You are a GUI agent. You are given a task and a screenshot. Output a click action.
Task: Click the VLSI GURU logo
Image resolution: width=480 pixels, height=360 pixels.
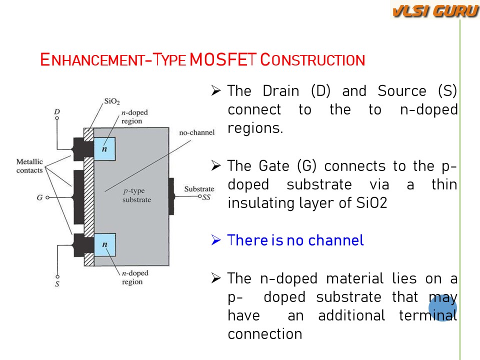(x=434, y=10)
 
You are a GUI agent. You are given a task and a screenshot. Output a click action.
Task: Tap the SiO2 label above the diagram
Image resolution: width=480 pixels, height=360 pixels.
(x=111, y=101)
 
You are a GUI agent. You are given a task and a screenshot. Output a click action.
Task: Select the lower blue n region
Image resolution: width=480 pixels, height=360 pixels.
(x=104, y=245)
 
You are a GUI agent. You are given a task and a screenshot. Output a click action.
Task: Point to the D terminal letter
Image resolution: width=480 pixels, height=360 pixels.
(x=57, y=111)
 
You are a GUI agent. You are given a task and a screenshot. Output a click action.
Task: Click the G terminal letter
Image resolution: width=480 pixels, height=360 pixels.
(x=39, y=197)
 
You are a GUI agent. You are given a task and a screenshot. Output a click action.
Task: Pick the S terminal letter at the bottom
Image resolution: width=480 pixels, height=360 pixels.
(x=57, y=284)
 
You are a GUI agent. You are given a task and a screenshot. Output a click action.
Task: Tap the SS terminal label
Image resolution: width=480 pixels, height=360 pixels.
(x=206, y=197)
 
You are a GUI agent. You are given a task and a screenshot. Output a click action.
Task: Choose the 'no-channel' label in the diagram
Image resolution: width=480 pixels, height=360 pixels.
(x=197, y=132)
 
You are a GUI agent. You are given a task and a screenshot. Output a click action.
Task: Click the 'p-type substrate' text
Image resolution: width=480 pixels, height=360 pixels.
(x=136, y=195)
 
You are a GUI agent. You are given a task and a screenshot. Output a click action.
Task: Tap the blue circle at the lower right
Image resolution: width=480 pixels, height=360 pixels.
(x=442, y=306)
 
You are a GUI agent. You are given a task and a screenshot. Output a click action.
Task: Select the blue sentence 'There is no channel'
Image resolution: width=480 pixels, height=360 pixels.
(x=295, y=240)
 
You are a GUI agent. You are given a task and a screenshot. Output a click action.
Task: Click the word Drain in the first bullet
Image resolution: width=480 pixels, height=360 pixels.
(x=281, y=91)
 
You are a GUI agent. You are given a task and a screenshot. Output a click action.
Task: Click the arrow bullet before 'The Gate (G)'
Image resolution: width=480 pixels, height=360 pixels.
(x=216, y=166)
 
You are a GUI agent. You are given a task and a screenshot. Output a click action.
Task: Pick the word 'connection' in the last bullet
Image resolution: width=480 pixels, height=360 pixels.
(x=264, y=334)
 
